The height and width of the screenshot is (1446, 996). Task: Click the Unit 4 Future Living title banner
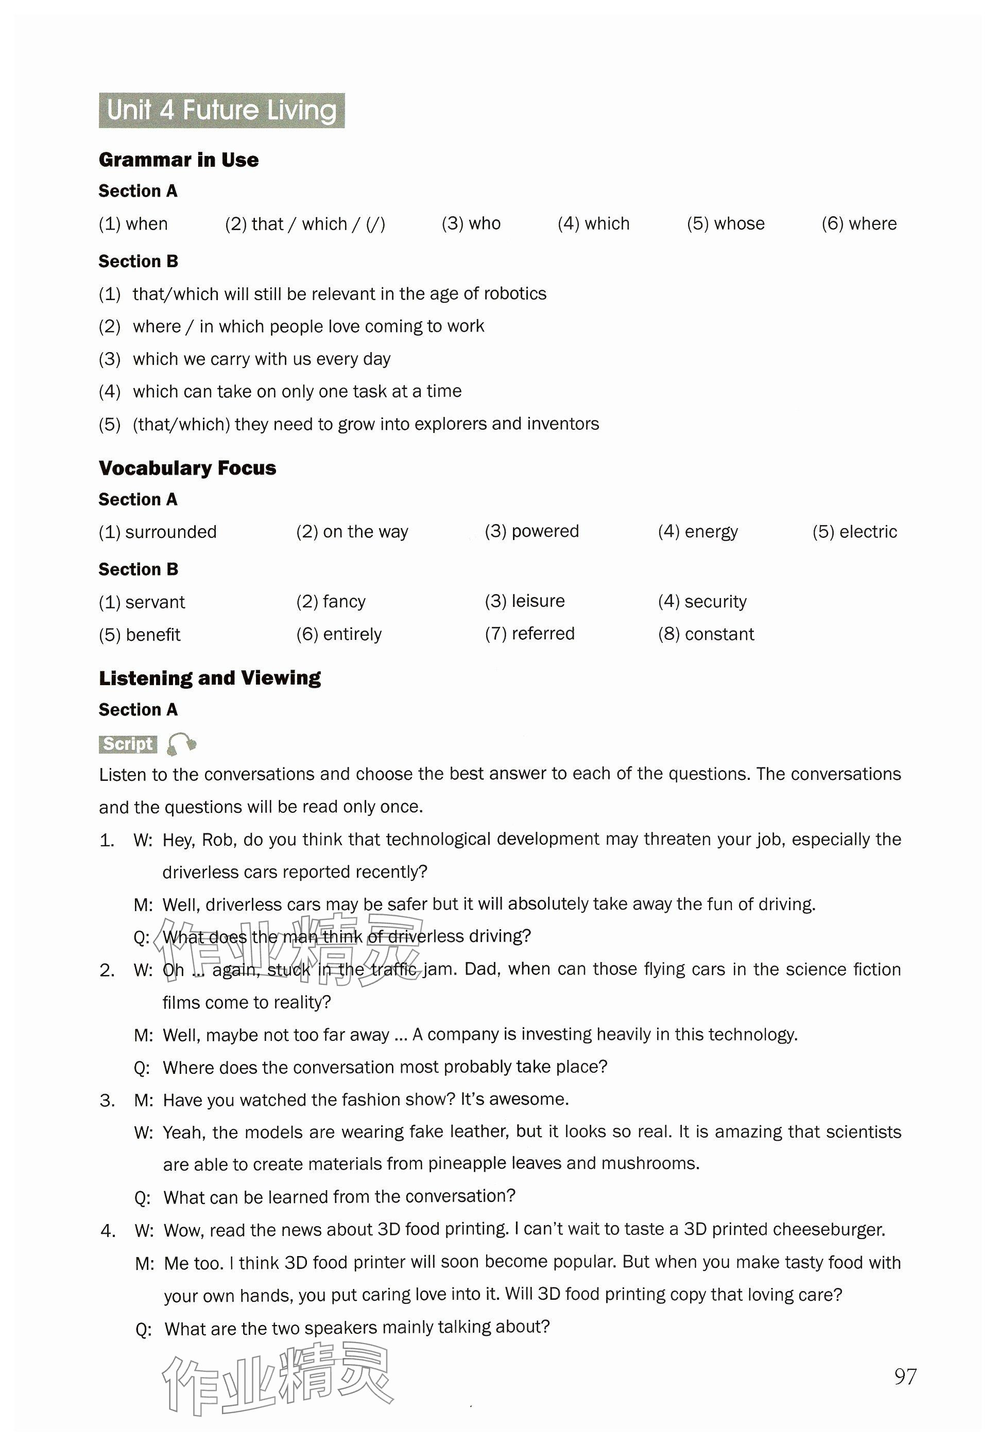tap(221, 110)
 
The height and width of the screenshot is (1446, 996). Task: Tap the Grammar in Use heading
tap(179, 160)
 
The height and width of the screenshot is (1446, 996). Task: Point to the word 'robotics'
tap(515, 293)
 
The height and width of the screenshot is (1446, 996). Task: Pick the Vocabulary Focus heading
tap(187, 468)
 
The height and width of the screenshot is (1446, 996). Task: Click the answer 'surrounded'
tap(170, 532)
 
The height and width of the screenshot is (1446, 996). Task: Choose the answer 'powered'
tap(545, 531)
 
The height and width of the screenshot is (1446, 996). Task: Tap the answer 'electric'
tap(868, 532)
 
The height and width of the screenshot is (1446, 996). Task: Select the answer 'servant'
tap(155, 602)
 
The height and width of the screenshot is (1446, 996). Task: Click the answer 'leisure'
tap(538, 601)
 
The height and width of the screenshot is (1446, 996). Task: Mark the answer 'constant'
tap(719, 634)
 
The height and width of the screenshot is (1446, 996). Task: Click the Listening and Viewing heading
tap(210, 678)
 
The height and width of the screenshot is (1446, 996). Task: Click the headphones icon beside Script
tap(182, 743)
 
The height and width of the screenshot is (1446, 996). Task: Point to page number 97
tap(905, 1376)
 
